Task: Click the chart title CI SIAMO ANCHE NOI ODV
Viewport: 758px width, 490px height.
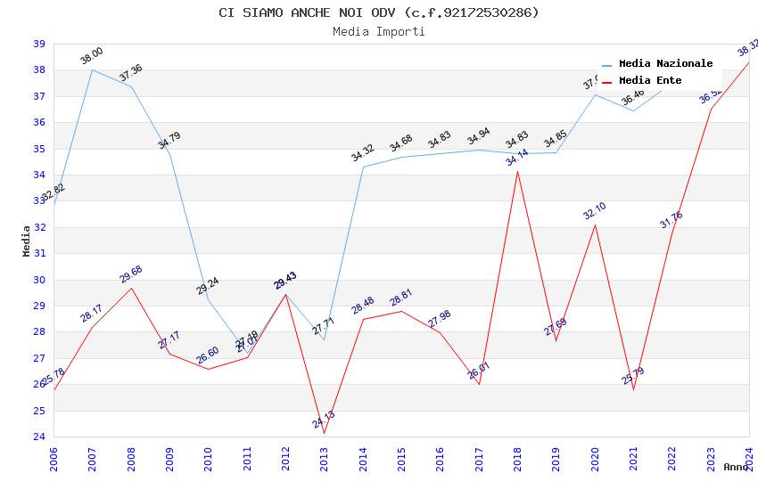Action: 379,12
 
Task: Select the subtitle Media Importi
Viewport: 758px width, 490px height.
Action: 379,31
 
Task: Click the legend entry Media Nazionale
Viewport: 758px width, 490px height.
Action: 665,64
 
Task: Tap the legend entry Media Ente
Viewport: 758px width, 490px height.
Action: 650,81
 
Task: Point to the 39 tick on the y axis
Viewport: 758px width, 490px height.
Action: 39,44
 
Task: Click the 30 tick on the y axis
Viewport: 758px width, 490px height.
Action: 39,280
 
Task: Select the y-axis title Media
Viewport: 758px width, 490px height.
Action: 27,241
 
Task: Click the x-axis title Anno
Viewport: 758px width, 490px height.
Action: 736,467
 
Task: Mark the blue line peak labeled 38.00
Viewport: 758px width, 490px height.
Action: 92,69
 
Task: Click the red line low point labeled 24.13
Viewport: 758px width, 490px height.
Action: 324,434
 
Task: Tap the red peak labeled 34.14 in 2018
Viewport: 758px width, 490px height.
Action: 517,171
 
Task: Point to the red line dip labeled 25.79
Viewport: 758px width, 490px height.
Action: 633,390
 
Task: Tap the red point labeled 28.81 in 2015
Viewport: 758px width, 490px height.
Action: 401,311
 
